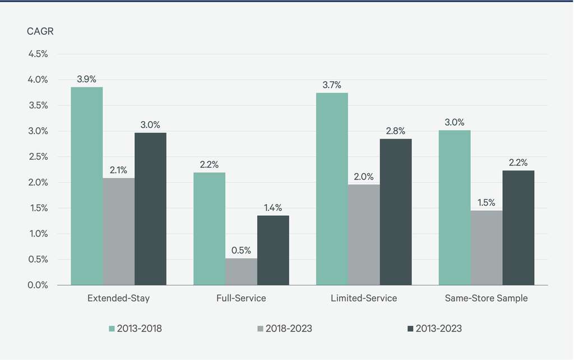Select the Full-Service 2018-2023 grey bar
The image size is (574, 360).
(x=241, y=272)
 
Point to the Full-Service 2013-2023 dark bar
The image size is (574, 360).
(x=273, y=250)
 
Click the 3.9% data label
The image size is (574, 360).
(x=87, y=79)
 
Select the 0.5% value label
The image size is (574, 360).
(x=241, y=250)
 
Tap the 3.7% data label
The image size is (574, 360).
(x=332, y=85)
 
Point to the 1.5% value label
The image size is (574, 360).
(x=487, y=202)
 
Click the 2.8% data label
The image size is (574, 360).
(x=396, y=131)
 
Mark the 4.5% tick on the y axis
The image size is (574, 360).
(x=38, y=54)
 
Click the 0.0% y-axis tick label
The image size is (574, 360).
(x=38, y=285)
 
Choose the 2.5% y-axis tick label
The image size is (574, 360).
(x=38, y=156)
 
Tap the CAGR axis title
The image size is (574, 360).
(x=40, y=31)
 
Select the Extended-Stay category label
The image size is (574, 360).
(x=119, y=298)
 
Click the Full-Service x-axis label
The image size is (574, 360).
(x=241, y=298)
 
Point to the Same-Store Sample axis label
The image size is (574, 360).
(x=487, y=298)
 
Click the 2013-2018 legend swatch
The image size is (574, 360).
(x=112, y=329)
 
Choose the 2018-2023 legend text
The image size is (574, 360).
(x=289, y=329)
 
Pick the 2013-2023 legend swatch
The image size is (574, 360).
(x=410, y=329)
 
